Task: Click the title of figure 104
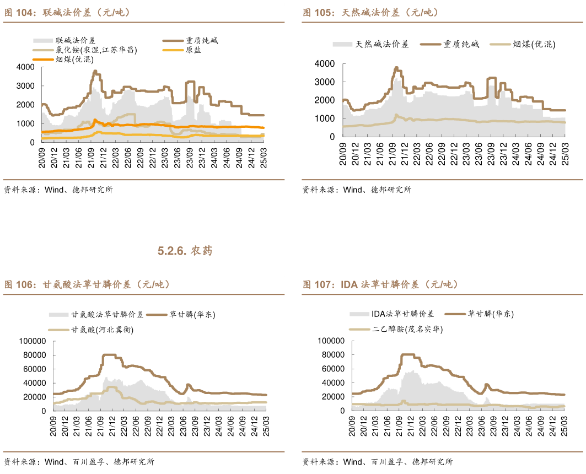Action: tap(67, 12)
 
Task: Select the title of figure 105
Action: tap(370, 12)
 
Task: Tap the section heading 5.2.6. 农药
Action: tap(185, 251)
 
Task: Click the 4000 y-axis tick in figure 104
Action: tap(26, 67)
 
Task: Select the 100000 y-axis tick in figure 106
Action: tap(33, 341)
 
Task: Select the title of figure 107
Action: tap(380, 285)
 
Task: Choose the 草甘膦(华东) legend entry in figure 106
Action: tap(192, 315)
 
